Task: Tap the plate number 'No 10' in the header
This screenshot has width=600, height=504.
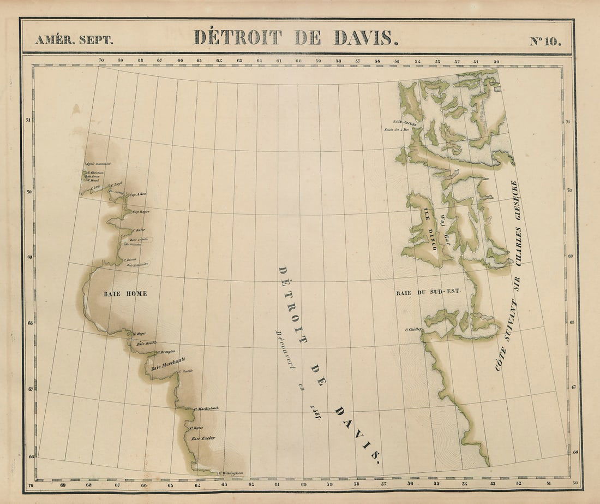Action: [545, 40]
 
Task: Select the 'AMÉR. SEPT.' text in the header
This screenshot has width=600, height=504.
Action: [74, 40]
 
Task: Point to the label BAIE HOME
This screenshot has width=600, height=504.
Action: [125, 294]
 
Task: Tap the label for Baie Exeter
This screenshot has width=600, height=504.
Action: [203, 438]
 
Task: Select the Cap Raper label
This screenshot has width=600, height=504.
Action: [141, 211]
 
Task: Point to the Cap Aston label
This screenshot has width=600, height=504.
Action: [137, 194]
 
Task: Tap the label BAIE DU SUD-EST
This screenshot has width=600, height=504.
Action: [428, 293]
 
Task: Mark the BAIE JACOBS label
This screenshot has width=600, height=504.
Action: [405, 124]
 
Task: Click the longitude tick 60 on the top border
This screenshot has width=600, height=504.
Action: [299, 61]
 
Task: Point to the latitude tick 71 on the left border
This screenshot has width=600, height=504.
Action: [28, 120]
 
